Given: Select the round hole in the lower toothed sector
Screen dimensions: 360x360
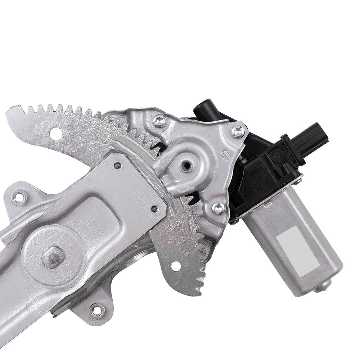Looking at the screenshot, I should coord(175,266).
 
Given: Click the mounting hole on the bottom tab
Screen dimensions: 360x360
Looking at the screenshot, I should coord(96,310).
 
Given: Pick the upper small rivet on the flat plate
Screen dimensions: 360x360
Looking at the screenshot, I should coord(117,165).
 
